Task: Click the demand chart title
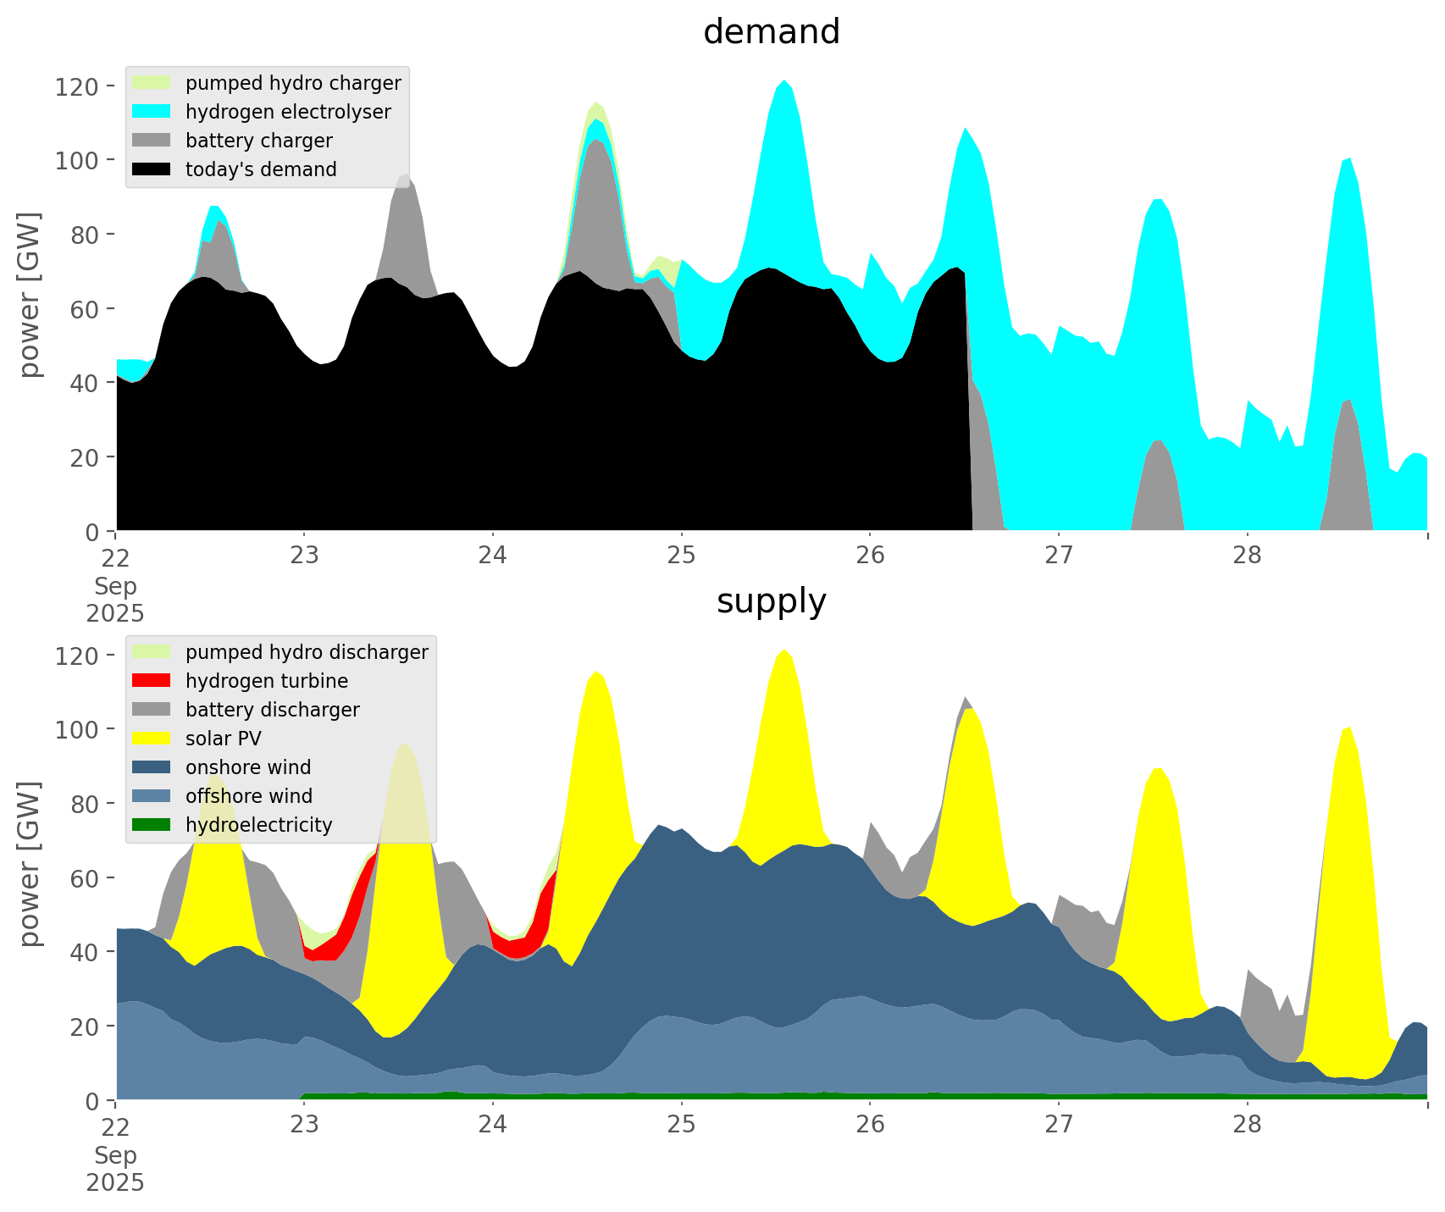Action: point(771,32)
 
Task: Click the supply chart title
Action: point(771,601)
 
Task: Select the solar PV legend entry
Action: point(224,739)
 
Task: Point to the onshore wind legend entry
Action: point(248,767)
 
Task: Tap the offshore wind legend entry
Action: point(249,796)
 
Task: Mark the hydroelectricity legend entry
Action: point(258,825)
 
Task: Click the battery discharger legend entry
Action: point(272,710)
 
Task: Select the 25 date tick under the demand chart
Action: point(681,556)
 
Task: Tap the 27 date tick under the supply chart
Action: point(1058,1125)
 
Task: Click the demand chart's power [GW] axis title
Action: point(30,295)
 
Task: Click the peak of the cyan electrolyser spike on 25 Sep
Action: point(784,80)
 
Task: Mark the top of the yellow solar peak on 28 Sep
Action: point(1350,728)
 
